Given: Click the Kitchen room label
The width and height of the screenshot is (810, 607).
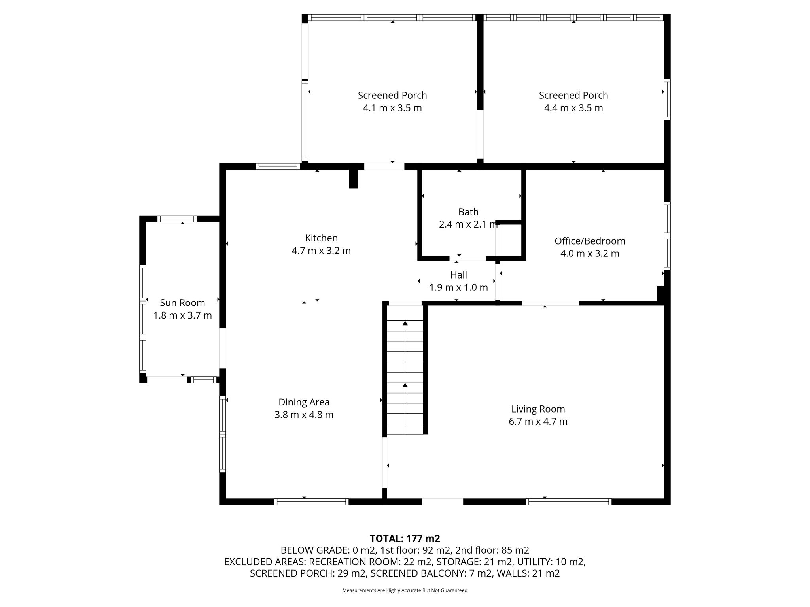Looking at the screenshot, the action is [321, 238].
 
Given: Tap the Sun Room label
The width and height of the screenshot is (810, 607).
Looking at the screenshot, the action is [182, 303].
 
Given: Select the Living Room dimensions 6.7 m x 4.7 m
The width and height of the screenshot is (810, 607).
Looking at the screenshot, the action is [538, 421].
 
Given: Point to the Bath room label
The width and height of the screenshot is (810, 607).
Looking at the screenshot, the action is [468, 212].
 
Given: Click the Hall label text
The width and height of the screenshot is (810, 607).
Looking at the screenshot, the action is [458, 275].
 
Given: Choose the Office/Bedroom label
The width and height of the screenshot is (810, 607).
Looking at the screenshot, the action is [590, 241].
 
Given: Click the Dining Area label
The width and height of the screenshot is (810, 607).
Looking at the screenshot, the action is [304, 402].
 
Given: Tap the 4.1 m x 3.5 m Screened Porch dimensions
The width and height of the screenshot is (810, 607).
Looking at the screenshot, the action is [392, 108].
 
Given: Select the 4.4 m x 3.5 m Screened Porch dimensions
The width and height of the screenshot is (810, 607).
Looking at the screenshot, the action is [573, 108].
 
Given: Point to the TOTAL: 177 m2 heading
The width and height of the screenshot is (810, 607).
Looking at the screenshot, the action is [405, 539].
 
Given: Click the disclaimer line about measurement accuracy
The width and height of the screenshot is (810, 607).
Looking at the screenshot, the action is [405, 590].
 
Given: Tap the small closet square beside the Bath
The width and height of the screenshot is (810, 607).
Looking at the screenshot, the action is [511, 240].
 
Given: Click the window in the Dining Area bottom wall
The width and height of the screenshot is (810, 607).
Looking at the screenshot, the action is [311, 501].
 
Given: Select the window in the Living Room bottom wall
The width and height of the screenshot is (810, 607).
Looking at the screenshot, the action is [569, 501].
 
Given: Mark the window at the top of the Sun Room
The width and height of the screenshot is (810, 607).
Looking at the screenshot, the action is [177, 219].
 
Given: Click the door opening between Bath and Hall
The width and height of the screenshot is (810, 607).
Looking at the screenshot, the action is [467, 258].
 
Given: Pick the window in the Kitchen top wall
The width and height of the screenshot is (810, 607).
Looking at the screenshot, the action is [278, 166].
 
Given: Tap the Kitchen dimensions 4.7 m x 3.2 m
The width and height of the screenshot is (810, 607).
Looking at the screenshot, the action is [321, 251].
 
